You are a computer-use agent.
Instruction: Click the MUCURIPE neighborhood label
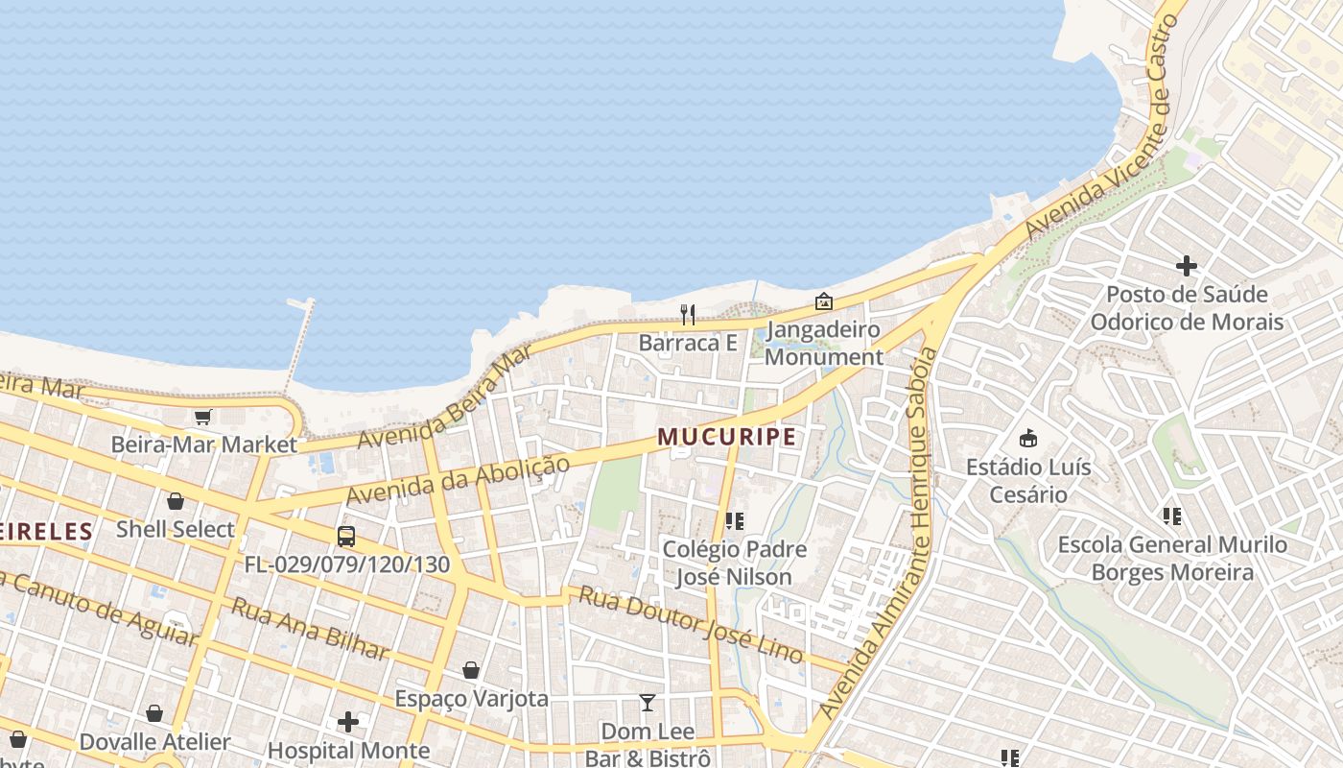727,438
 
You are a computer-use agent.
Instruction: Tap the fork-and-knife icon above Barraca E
688,314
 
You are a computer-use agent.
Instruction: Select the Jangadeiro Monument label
824,344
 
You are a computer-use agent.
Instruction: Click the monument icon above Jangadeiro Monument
823,301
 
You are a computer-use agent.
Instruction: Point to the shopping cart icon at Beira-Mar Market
202,417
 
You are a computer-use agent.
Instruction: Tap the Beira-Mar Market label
204,444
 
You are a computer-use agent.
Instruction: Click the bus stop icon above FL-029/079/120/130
346,537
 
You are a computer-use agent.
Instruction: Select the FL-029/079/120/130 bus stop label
346,564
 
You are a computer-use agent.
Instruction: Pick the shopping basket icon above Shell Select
176,501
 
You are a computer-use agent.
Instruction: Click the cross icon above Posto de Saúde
1187,266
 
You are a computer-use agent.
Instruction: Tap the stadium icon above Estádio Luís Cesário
1028,439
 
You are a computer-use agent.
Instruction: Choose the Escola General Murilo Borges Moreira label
1172,559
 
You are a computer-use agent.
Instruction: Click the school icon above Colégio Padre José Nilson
735,521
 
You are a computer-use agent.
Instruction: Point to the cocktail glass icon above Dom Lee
648,703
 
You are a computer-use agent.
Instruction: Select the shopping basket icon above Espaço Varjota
471,670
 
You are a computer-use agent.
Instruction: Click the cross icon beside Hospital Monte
348,721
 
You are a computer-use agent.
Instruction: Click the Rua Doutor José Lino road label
690,624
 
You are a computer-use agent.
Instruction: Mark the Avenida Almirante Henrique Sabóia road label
876,533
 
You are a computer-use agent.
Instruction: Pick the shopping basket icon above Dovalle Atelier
154,713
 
